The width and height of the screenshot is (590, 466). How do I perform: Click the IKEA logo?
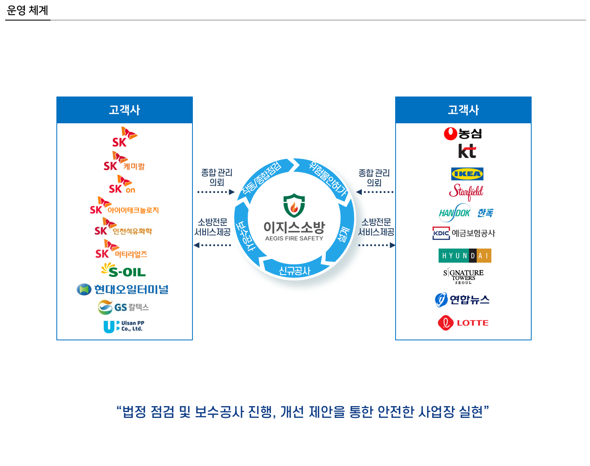(467, 174)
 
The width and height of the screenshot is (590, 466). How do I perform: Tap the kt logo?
(467, 151)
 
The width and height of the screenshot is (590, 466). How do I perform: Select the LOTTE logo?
(463, 323)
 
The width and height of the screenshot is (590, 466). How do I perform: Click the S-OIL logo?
(123, 270)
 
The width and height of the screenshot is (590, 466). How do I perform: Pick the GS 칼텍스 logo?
(123, 307)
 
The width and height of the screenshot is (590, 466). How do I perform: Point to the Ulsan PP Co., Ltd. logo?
(124, 327)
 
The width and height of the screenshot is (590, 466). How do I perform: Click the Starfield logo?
(466, 192)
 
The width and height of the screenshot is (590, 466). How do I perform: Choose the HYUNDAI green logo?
(465, 255)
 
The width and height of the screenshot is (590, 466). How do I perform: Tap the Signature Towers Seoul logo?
(463, 276)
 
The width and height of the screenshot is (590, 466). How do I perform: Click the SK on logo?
(122, 184)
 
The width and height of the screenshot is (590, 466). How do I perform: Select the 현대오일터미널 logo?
(123, 289)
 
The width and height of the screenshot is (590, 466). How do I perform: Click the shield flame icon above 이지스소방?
(294, 205)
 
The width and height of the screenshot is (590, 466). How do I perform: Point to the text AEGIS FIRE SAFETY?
(294, 238)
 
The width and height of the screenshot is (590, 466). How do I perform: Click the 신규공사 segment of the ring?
(295, 270)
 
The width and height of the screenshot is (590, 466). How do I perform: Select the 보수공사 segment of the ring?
(245, 236)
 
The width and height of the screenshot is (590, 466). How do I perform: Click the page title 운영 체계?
(27, 10)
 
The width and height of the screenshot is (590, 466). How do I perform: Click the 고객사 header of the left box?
(125, 110)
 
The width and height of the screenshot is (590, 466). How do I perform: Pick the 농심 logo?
(463, 134)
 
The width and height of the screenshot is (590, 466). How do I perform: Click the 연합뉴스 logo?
(462, 299)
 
